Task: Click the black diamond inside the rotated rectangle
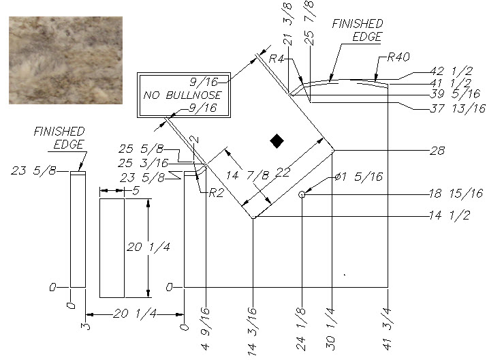coord(277,141)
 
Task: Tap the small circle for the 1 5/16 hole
coord(302,194)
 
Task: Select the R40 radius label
coord(398,57)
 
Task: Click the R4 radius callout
coord(277,59)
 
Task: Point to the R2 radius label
coord(216,193)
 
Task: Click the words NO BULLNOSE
coord(183,95)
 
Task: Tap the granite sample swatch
coord(65,60)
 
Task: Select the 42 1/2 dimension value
coord(452,71)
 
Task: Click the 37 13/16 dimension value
coord(458,108)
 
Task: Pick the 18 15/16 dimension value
coord(456,194)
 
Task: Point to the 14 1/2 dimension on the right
coord(450,215)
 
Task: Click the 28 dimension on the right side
coord(437,151)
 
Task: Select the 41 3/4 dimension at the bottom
coord(387,329)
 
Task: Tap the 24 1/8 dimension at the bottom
coord(301,329)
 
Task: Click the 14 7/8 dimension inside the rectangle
coord(247,175)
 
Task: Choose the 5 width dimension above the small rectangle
coord(136,191)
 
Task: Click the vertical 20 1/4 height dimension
coord(148,247)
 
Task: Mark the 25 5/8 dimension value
coord(141,149)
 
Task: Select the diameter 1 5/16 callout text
coord(359,177)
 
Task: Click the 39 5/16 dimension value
coord(455,93)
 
